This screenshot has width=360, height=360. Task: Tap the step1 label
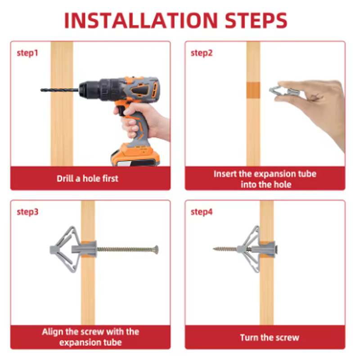click(27, 53)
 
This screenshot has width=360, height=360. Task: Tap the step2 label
click(201, 53)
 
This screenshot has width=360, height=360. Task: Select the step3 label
click(27, 212)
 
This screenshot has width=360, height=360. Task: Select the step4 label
click(201, 212)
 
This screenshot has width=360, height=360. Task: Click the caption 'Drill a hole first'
click(87, 178)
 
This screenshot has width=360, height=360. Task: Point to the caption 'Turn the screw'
click(269, 337)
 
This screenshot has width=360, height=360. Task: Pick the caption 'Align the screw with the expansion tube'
click(90, 337)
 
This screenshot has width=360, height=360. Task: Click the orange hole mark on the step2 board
click(253, 90)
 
